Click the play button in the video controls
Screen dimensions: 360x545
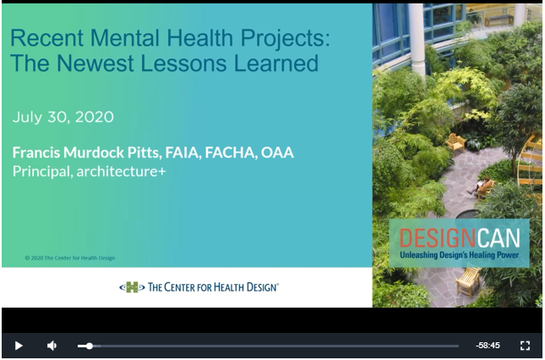pyautogui.click(x=19, y=346)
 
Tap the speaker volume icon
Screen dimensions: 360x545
pyautogui.click(x=52, y=346)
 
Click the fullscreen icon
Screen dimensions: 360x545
pyautogui.click(x=525, y=346)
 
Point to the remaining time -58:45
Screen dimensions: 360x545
pyautogui.click(x=488, y=346)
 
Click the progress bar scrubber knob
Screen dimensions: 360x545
pyautogui.click(x=90, y=346)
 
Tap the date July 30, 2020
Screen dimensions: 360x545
pyautogui.click(x=63, y=117)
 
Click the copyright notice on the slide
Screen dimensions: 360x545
pyautogui.click(x=70, y=258)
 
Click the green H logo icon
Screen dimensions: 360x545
pyautogui.click(x=132, y=287)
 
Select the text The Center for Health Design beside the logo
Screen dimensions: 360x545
pyautogui.click(x=213, y=287)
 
